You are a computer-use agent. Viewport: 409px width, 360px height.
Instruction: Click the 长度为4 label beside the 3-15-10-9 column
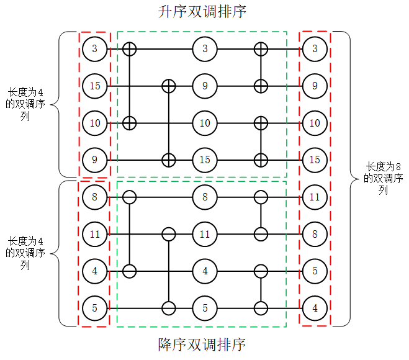coord(25,98)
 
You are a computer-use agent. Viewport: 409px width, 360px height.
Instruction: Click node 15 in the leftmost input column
coord(95,86)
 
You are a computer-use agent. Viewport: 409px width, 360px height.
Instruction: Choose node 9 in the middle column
coord(205,86)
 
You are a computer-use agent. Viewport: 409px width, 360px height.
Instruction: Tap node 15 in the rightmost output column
coord(315,160)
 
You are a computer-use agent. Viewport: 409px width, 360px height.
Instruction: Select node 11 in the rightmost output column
coord(315,197)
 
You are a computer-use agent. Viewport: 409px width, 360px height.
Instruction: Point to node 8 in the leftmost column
coord(95,197)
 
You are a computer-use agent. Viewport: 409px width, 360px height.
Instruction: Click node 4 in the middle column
coord(205,271)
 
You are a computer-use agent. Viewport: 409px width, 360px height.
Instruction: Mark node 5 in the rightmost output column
coord(315,271)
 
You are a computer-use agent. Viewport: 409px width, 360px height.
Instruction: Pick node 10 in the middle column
coord(205,123)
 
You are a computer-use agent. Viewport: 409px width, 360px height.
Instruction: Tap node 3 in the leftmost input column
coord(95,48)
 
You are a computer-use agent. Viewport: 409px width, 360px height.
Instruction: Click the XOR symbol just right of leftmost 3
coord(129,48)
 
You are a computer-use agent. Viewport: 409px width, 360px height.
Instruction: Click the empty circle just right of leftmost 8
coord(129,197)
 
